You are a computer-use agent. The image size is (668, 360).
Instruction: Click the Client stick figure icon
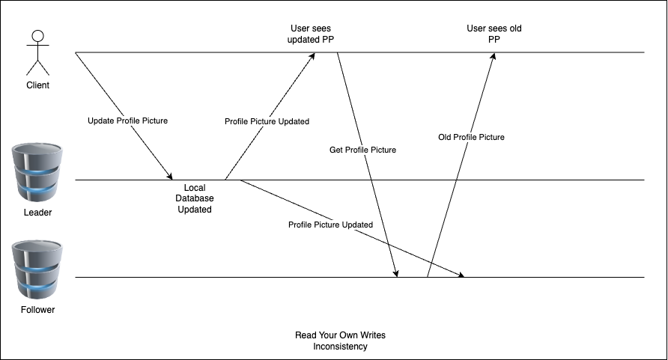[x=37, y=52]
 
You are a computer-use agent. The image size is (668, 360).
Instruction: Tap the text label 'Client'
[x=37, y=85]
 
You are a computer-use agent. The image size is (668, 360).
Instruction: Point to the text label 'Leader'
[x=37, y=213]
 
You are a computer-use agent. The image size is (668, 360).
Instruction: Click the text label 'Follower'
[x=37, y=309]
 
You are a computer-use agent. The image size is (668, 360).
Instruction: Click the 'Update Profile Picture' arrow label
[x=128, y=120]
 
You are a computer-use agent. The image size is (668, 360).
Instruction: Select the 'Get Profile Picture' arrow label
[x=362, y=150]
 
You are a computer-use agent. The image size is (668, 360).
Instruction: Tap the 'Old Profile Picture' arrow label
[x=471, y=137]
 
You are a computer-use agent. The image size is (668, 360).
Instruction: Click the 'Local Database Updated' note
[x=194, y=198]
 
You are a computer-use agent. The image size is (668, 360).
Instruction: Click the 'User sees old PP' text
[x=494, y=34]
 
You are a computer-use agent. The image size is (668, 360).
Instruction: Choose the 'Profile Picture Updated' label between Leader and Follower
[x=330, y=225]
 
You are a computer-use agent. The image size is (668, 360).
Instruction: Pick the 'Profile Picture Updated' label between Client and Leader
[x=267, y=121]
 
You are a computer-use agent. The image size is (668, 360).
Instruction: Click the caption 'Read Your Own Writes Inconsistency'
[x=341, y=341]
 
